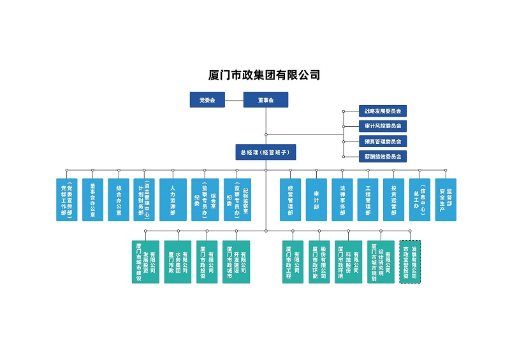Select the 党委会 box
point(207,100)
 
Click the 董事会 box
point(266,100)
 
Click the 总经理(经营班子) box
point(266,153)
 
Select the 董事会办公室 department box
point(92,199)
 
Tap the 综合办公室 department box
point(119,199)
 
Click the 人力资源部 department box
point(173,199)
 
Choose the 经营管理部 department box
point(291,199)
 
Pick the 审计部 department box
point(316,199)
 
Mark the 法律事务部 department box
point(342,199)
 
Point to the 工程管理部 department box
point(368,199)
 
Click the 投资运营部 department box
point(394,199)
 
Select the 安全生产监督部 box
point(446,199)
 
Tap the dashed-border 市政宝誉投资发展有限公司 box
point(410,261)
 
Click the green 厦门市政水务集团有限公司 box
point(178,261)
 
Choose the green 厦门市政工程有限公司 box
point(293,261)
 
